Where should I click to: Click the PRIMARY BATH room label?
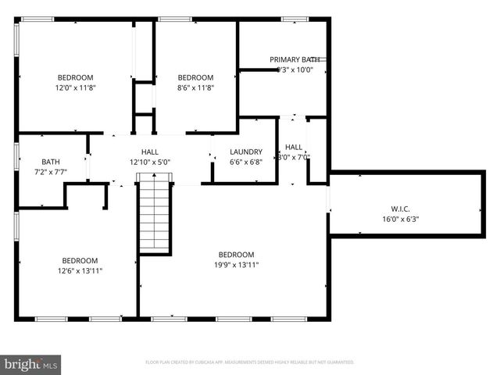click(x=295, y=59)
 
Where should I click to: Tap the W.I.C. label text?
click(x=400, y=209)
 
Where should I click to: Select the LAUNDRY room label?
click(x=246, y=152)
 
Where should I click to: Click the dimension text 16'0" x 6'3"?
click(x=400, y=220)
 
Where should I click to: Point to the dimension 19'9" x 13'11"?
click(x=236, y=266)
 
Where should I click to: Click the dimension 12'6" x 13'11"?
click(x=80, y=271)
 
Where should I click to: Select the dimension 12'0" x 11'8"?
click(x=75, y=88)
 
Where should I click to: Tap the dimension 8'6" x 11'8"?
click(x=195, y=88)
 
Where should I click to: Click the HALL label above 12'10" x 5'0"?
click(x=150, y=152)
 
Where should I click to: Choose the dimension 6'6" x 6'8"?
click(x=246, y=162)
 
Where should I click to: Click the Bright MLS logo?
click(x=31, y=363)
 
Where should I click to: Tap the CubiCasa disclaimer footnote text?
click(x=250, y=362)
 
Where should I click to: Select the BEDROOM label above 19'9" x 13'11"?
click(x=236, y=255)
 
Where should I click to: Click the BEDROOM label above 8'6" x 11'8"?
click(x=195, y=77)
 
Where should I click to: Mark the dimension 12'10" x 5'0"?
click(x=150, y=162)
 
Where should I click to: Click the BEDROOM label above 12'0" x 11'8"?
click(x=75, y=77)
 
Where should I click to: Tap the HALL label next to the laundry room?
click(x=294, y=147)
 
